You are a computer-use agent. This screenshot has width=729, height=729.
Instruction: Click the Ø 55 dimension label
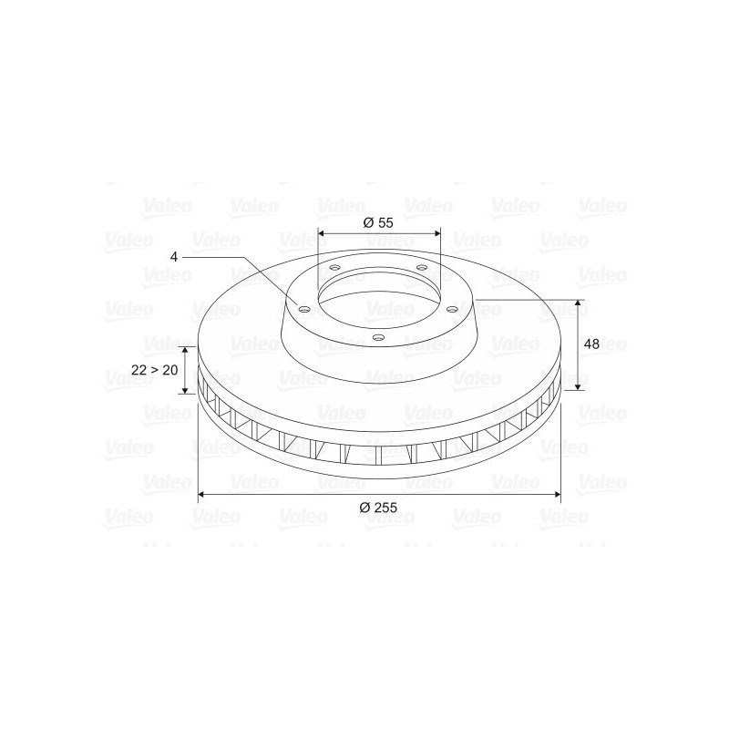pos(378,222)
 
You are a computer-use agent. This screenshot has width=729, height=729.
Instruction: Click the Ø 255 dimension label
pos(378,508)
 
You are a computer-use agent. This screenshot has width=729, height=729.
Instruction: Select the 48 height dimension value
pos(591,344)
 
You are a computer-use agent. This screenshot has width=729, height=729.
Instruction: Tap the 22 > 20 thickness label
pos(155,370)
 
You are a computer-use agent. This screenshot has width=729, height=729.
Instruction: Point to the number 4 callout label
pos(174,257)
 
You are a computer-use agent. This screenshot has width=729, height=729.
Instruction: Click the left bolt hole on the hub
pos(303,309)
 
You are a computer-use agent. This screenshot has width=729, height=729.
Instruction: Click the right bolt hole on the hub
pos(450,309)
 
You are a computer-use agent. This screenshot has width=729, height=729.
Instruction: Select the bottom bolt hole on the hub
pos(378,337)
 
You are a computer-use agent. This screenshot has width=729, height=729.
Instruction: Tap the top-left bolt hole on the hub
pos(334,268)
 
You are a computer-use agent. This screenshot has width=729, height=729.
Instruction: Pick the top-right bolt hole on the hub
pos(421,267)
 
